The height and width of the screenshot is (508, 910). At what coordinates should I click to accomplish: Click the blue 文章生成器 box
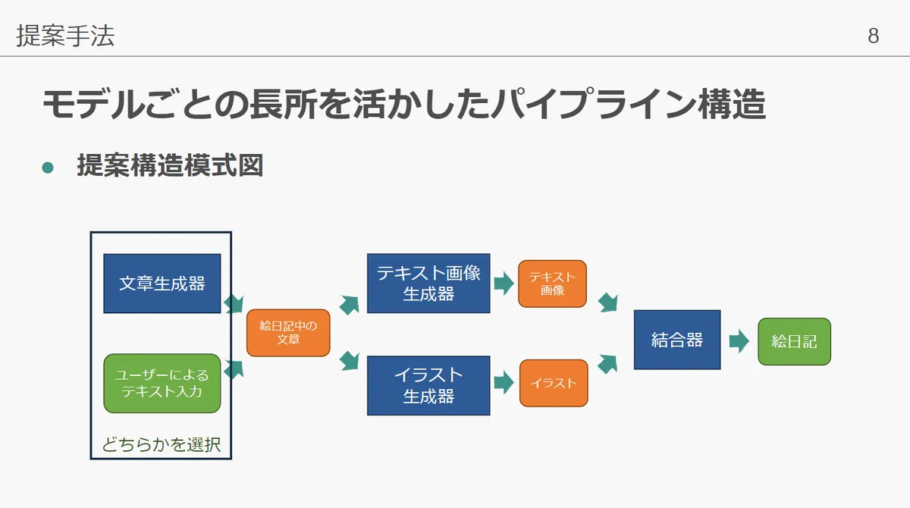click(162, 284)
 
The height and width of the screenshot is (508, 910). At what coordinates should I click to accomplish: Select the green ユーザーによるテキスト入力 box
click(162, 383)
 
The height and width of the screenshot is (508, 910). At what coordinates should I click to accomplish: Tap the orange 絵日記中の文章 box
click(288, 332)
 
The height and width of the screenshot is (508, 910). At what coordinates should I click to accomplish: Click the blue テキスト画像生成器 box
click(428, 284)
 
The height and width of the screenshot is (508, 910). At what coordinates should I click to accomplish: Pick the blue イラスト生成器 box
click(428, 385)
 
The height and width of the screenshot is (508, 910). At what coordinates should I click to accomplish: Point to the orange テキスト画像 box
click(552, 284)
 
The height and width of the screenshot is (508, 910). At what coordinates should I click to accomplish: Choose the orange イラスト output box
click(554, 383)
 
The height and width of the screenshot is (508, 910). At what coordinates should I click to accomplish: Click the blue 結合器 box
click(677, 340)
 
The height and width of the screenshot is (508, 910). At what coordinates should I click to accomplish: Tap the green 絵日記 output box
click(794, 341)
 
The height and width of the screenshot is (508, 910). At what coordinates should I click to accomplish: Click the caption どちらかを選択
click(162, 444)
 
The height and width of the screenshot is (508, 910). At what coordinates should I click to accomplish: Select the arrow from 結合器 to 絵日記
click(738, 341)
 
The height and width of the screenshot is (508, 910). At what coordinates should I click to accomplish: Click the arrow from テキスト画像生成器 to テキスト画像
click(503, 284)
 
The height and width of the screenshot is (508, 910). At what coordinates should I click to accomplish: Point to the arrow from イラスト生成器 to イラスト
click(503, 384)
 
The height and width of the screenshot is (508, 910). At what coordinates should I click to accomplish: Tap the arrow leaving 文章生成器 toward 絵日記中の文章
click(234, 303)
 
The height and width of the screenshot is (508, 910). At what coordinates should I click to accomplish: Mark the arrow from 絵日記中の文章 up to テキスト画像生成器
click(349, 304)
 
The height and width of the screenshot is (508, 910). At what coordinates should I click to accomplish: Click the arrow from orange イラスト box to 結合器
click(607, 364)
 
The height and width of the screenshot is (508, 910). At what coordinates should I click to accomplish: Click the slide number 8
click(874, 36)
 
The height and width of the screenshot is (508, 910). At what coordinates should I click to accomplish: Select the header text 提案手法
click(65, 36)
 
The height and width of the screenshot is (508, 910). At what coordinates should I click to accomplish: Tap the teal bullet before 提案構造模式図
click(49, 167)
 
